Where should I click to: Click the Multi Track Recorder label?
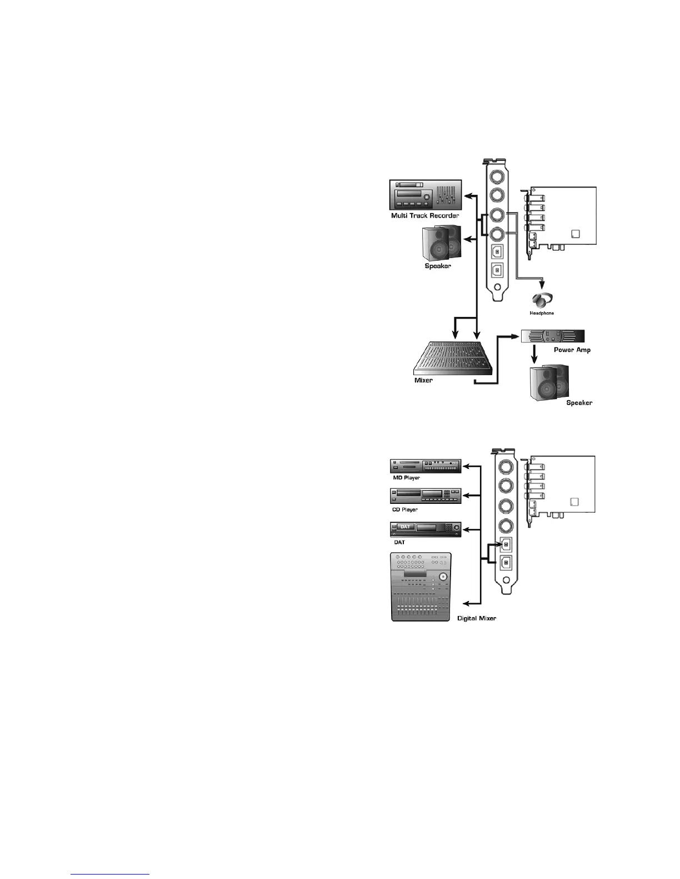[x=425, y=215]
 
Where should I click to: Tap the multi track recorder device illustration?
[x=425, y=194]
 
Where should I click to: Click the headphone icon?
[x=542, y=299]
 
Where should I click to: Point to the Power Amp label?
[x=572, y=350]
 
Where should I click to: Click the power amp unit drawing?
[x=553, y=336]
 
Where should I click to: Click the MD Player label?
[x=406, y=478]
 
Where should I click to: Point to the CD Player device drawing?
[x=426, y=496]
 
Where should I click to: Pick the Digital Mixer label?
[x=476, y=618]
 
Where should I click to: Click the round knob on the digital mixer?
[x=442, y=577]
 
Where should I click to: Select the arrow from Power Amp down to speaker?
[x=534, y=354]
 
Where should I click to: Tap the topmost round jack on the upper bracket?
[x=497, y=175]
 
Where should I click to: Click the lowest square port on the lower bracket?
[x=506, y=563]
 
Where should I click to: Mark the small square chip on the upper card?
[x=575, y=234]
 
